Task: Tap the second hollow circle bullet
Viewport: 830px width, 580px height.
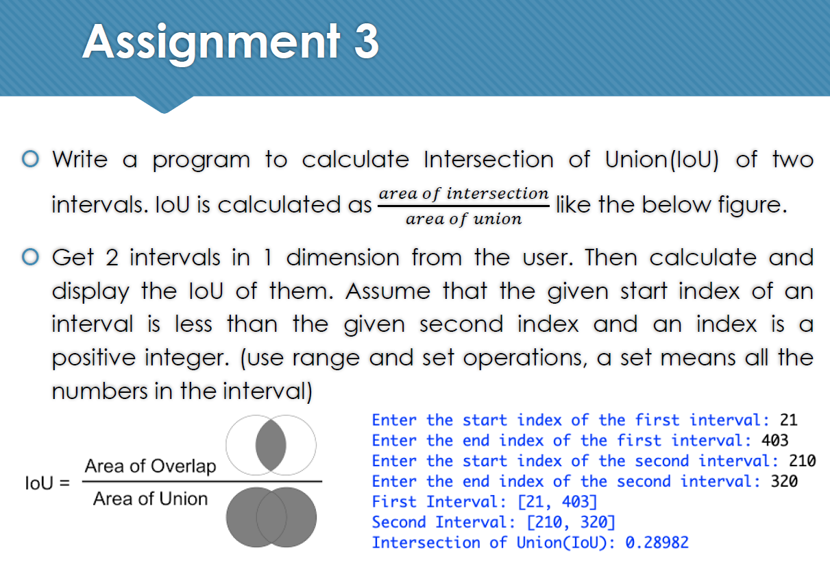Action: pos(29,258)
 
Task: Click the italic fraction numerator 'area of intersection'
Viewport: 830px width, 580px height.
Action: pos(463,193)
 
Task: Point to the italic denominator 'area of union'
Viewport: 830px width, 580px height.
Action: pos(463,219)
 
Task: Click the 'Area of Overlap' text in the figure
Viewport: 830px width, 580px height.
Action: pos(150,466)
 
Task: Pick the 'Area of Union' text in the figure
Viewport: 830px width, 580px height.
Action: pos(150,499)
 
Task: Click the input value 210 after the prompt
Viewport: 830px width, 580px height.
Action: pos(803,461)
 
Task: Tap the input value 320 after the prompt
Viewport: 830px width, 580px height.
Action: pos(784,481)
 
